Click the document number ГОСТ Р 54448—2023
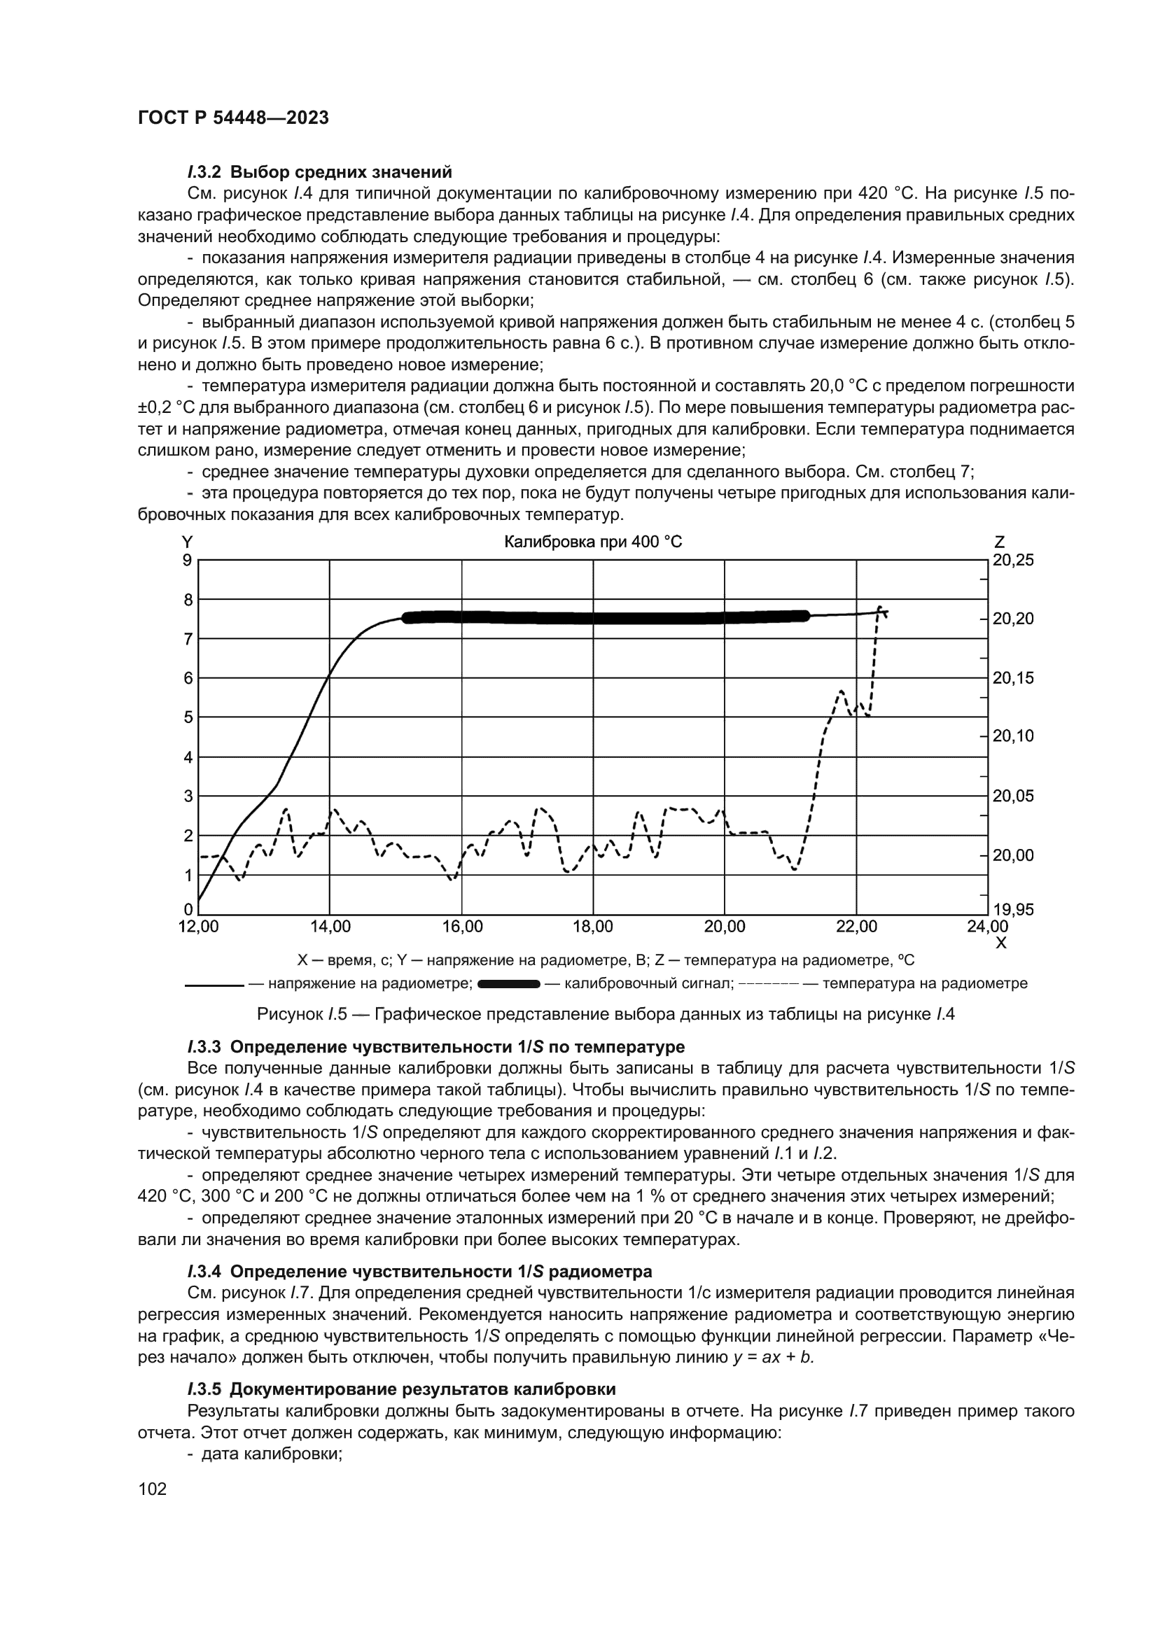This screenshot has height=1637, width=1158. point(233,118)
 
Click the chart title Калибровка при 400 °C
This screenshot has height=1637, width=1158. point(592,542)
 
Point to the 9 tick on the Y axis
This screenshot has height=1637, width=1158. point(188,561)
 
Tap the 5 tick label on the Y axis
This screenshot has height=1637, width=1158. point(188,717)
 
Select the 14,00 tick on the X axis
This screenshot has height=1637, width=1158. point(331,927)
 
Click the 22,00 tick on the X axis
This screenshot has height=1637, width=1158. point(856,927)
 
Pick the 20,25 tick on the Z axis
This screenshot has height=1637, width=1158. point(1013,561)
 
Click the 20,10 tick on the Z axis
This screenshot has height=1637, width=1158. point(1013,736)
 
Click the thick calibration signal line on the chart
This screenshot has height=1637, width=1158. point(606,617)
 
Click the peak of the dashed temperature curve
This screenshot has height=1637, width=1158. point(880,607)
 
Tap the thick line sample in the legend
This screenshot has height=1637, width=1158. point(508,985)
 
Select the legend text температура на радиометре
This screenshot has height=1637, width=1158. point(925,985)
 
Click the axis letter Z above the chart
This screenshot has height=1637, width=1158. point(999,542)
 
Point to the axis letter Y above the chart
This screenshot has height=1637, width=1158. point(188,542)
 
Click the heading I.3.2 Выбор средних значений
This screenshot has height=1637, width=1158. point(320,172)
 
